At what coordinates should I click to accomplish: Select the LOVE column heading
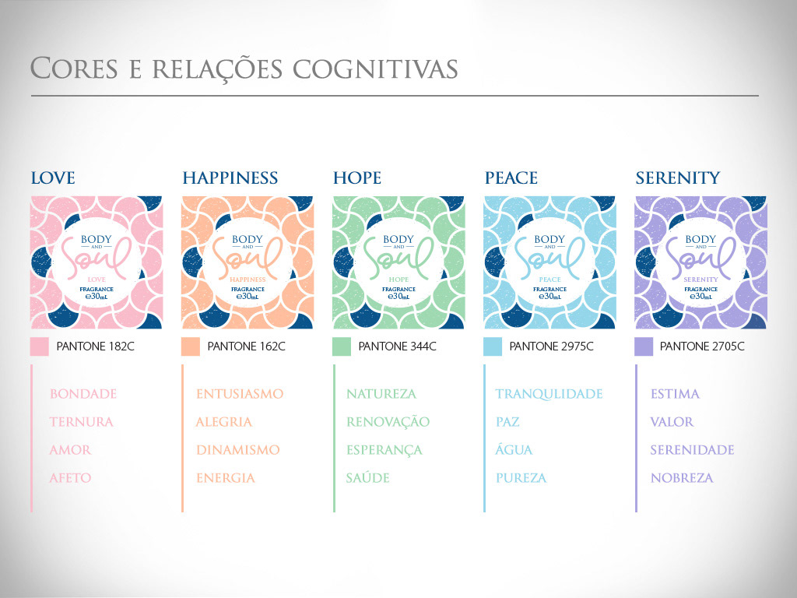[53, 178]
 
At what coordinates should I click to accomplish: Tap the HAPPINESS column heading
[230, 178]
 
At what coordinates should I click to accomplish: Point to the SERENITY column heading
[677, 178]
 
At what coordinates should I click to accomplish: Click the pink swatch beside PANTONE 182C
[40, 346]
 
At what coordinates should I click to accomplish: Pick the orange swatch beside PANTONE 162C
[191, 346]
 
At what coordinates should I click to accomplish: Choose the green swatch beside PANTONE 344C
[342, 346]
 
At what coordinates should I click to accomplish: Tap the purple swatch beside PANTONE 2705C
[644, 346]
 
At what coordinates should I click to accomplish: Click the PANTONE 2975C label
[551, 346]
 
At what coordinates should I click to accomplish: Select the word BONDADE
[83, 394]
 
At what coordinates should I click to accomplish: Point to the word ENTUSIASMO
[240, 394]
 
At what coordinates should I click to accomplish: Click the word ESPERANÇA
[384, 450]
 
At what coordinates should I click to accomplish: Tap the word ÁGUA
[514, 450]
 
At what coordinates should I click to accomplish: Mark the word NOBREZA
[682, 478]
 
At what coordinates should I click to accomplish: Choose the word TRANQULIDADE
[549, 394]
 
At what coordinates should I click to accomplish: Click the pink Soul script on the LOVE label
[96, 256]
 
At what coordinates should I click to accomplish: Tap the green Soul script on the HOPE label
[398, 256]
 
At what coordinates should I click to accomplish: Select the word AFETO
[70, 478]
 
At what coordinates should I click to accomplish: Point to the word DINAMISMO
[237, 450]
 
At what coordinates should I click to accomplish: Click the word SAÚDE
[367, 478]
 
